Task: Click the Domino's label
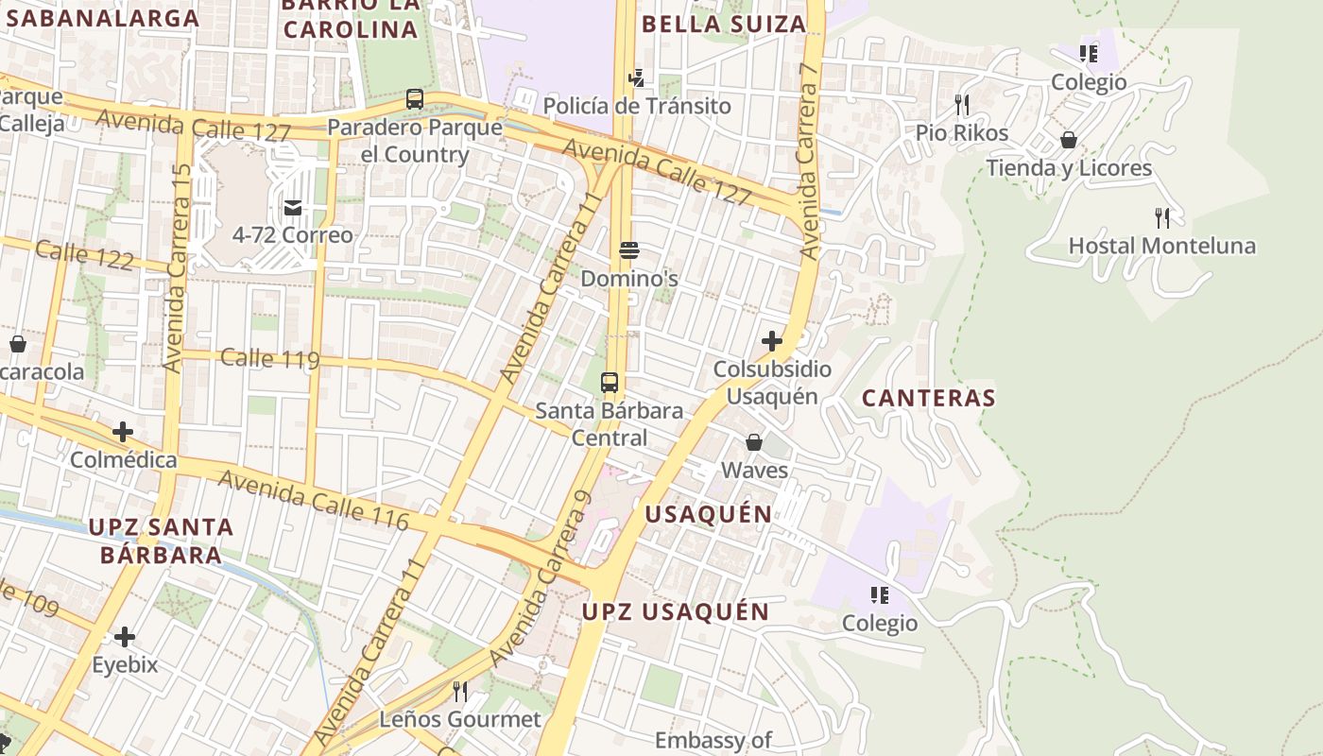coord(629,279)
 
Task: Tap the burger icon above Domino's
coord(629,250)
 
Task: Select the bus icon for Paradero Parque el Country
coord(414,98)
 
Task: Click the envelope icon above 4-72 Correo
coord(293,207)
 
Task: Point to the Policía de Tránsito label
coord(637,106)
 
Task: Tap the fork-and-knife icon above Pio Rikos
coord(962,103)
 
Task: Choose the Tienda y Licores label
coord(1069,168)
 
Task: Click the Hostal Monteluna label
coord(1161,247)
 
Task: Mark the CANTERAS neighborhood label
coord(929,398)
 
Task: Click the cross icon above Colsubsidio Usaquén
coord(772,340)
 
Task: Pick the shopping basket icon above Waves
coord(754,441)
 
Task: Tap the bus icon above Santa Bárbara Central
coord(610,383)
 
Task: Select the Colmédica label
coord(123,460)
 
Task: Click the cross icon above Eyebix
coord(124,636)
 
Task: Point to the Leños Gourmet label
coord(460,719)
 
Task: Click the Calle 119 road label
coord(269,359)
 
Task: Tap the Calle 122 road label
coord(85,254)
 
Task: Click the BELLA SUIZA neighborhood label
coord(724,25)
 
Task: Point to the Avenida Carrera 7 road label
coord(808,161)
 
